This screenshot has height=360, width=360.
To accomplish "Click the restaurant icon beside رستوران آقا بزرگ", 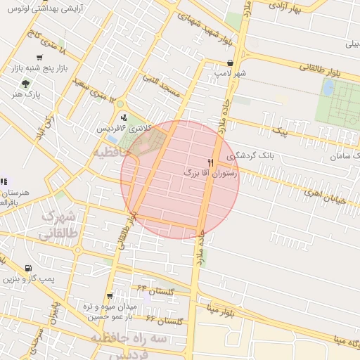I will pyautogui.click(x=211, y=162).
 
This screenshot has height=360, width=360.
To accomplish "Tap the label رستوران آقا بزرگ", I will pyautogui.click(x=211, y=172).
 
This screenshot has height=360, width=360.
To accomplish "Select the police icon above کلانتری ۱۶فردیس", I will pyautogui.click(x=124, y=117).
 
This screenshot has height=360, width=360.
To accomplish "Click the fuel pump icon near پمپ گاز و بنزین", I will pyautogui.click(x=27, y=268).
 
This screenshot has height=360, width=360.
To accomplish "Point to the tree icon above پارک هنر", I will pyautogui.click(x=26, y=84).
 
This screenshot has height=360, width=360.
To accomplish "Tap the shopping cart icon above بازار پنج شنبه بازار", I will pyautogui.click(x=38, y=58).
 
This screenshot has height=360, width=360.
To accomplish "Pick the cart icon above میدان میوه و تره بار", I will pyautogui.click(x=109, y=296).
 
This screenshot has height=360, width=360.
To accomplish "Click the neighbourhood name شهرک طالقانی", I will pyautogui.click(x=62, y=226).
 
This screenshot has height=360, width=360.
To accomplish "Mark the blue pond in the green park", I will pyautogui.click(x=328, y=87).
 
